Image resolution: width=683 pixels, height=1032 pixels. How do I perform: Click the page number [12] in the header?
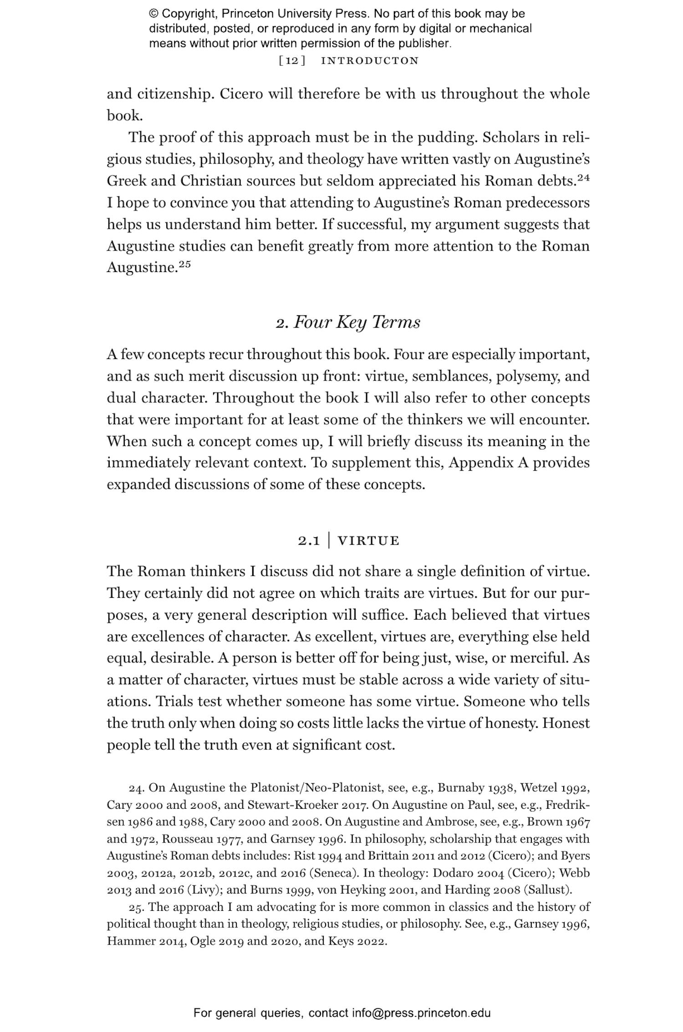coord(292,61)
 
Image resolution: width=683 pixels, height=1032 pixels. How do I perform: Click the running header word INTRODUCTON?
coord(370,61)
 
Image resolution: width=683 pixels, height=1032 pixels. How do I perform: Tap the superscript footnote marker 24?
coord(583,178)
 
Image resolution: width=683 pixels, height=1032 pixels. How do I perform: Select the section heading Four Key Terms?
coord(357,323)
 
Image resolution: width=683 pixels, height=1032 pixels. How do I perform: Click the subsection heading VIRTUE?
coord(368,541)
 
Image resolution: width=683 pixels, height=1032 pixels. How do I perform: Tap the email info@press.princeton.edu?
coord(421,1013)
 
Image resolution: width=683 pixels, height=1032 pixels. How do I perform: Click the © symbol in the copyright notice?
coord(154,14)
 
